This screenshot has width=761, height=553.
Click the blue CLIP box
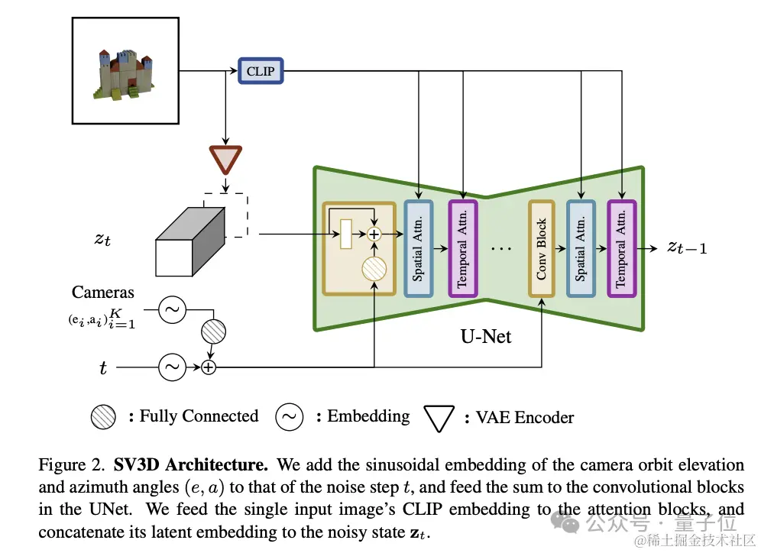(x=261, y=71)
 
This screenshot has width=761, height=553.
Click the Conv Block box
(x=542, y=248)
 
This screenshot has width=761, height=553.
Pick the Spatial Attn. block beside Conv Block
(x=581, y=248)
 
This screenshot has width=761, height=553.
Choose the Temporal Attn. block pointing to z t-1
(x=622, y=248)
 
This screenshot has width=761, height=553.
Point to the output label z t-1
(x=687, y=248)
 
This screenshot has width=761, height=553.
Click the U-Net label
(x=486, y=336)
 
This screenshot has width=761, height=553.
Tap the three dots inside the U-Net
(x=501, y=249)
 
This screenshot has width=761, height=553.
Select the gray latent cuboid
(x=190, y=242)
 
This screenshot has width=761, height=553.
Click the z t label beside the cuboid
(x=102, y=239)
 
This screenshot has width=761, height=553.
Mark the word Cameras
(x=103, y=292)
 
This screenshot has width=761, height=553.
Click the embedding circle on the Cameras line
(x=172, y=309)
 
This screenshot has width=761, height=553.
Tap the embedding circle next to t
(x=172, y=367)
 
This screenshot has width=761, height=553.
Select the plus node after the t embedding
(x=209, y=367)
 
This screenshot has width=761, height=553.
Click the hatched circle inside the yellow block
(x=374, y=269)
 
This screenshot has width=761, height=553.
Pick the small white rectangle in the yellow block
(x=346, y=234)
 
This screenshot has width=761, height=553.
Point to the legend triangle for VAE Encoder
(x=439, y=418)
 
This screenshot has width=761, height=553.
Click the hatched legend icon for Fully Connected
(x=103, y=417)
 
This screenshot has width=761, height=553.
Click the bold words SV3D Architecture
(x=191, y=464)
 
